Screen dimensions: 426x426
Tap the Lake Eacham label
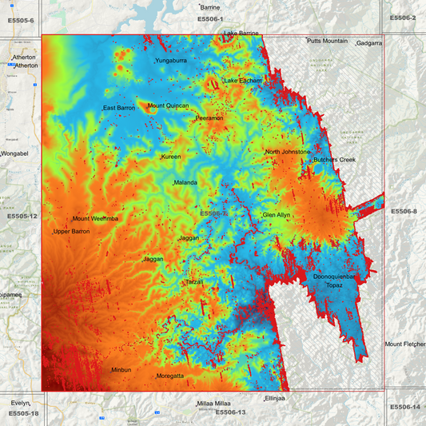coord(243,81)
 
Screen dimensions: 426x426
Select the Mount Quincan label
coord(168,106)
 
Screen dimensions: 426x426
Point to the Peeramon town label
coord(209,118)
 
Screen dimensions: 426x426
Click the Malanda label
coord(185,182)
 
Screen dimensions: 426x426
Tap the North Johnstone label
coord(288,152)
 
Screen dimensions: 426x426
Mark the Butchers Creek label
coord(334,160)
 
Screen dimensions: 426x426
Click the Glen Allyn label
coord(277,215)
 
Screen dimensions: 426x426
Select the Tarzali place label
coord(195,282)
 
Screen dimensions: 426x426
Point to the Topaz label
coord(334,285)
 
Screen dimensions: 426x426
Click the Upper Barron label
coord(72,232)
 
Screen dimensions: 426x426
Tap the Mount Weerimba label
coord(95,218)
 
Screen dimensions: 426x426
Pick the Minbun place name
coord(121,370)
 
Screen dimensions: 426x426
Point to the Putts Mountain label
coord(328,41)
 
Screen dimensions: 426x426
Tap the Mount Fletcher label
coord(404,344)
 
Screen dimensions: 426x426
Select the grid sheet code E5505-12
coord(22,216)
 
